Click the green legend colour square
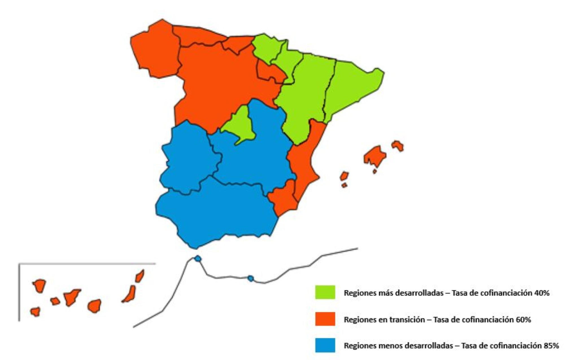coord(325,292)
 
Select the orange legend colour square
coord(325,319)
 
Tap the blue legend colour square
coord(325,345)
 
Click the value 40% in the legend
coord(542,293)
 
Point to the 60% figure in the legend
coord(523,320)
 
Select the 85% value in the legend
coord(551,346)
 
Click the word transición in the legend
coord(408,320)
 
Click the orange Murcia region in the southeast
coord(284,198)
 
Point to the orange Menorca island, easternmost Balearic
coord(398,145)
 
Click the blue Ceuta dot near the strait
coord(198,258)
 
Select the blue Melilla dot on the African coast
coord(250,279)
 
